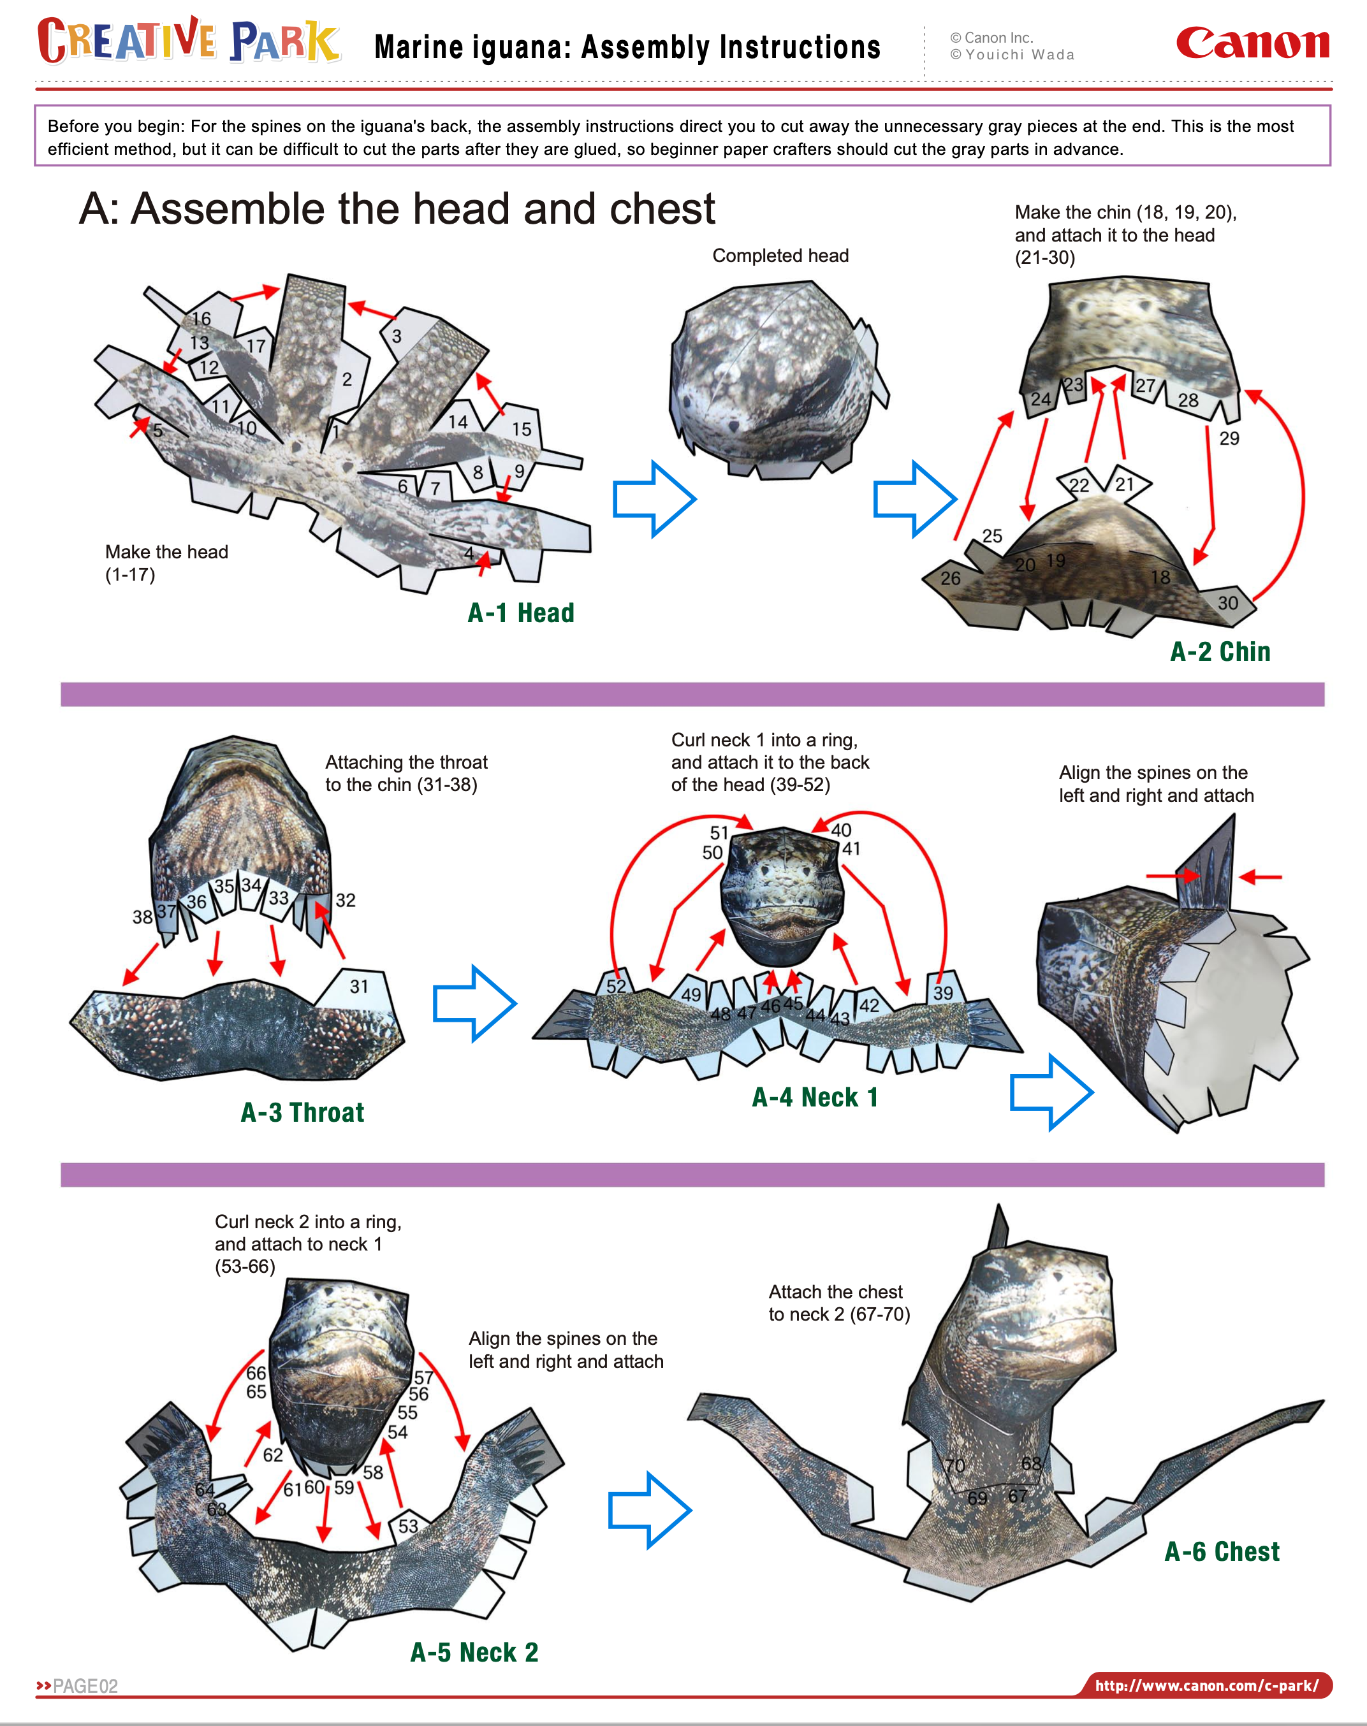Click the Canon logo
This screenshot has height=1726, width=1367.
pos(1252,43)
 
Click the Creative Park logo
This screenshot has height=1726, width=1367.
pos(189,41)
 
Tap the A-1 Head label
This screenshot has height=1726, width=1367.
pos(521,613)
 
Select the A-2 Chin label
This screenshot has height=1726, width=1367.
pos(1220,651)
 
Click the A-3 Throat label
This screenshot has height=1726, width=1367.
pos(302,1112)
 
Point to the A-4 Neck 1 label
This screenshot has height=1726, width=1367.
pos(815,1097)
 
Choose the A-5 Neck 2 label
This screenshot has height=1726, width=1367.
pos(474,1652)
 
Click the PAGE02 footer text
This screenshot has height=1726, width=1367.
pos(85,1686)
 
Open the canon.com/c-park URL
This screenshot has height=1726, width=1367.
pos(1206,1685)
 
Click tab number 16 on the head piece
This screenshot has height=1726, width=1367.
pos(201,319)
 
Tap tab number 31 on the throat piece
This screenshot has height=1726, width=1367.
pos(360,987)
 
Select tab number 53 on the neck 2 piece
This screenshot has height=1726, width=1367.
pos(408,1526)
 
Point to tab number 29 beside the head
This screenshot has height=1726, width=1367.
pos(1229,438)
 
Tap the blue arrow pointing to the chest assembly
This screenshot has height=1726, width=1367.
pos(649,1510)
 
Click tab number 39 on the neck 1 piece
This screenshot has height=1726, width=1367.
pos(943,992)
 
